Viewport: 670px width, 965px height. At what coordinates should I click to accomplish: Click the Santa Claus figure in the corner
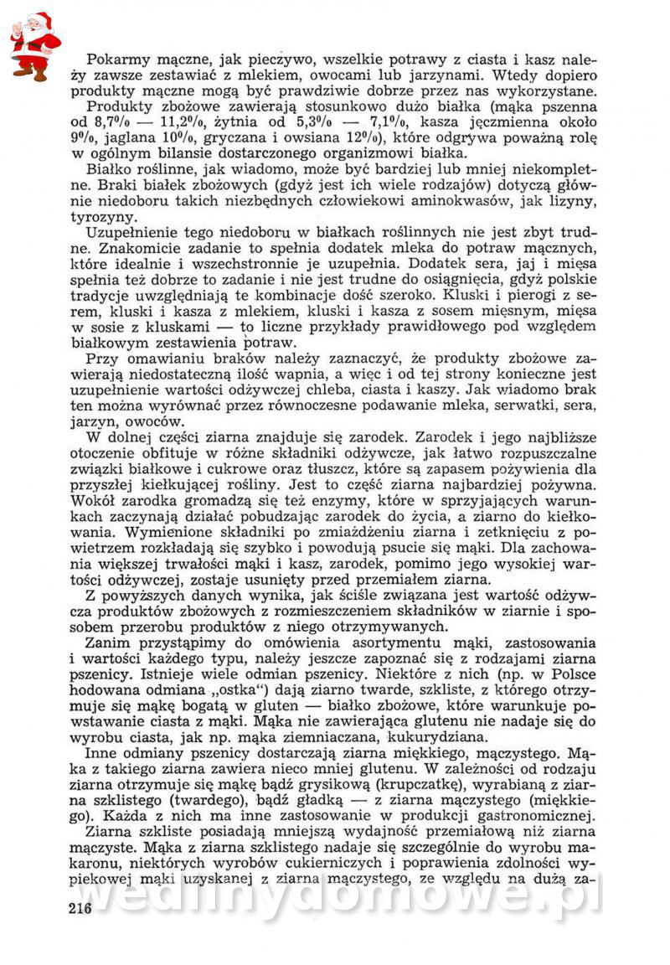click(x=35, y=44)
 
